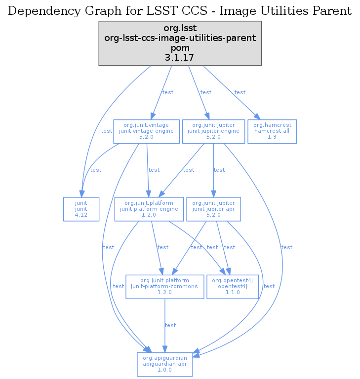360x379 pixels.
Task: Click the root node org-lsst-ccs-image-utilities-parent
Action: click(x=180, y=43)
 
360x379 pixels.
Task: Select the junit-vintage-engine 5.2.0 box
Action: click(x=146, y=131)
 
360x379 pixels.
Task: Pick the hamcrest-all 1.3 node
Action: click(x=272, y=131)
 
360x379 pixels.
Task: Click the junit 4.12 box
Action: click(x=81, y=209)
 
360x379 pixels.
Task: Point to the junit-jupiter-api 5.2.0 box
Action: click(x=213, y=209)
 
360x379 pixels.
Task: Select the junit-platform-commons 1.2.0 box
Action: click(x=165, y=286)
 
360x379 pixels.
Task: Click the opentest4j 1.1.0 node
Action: click(x=233, y=286)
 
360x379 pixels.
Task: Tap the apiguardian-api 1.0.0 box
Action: click(x=165, y=364)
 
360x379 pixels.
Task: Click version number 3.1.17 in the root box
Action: click(x=180, y=58)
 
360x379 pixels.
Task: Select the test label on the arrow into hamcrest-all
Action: click(x=240, y=92)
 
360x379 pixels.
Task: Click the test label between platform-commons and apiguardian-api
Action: click(x=170, y=325)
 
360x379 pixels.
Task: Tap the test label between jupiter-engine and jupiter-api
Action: click(x=219, y=170)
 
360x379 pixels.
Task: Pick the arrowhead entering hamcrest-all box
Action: click(x=257, y=117)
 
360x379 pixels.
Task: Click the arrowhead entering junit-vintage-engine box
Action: click(x=154, y=116)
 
